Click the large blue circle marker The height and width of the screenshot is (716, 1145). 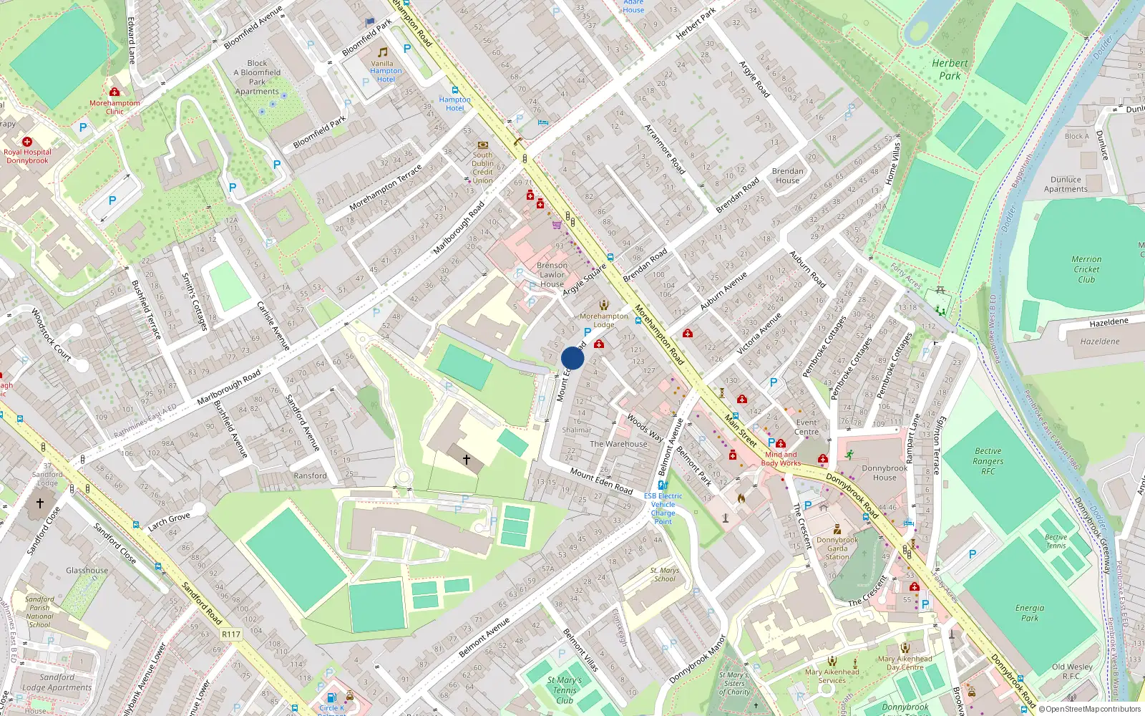[x=572, y=358]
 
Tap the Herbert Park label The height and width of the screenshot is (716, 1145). [x=950, y=69]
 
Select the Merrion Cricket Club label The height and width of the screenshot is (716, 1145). [x=1086, y=269]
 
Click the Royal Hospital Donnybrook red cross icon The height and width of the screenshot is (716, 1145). [x=27, y=142]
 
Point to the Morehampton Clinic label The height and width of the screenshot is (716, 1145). [x=114, y=107]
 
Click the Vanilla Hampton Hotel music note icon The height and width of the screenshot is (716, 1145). [x=383, y=52]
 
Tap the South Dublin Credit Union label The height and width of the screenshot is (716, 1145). [x=482, y=168]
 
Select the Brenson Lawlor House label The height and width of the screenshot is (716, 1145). [x=552, y=274]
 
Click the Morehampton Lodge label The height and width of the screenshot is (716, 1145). [x=604, y=320]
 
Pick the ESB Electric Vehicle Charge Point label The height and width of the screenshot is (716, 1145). [x=663, y=508]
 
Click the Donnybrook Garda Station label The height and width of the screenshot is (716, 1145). [x=837, y=548]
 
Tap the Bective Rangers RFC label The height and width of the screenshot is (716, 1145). [x=988, y=461]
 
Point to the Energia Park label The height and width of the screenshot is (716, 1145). [x=1030, y=612]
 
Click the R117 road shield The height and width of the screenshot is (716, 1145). [x=231, y=634]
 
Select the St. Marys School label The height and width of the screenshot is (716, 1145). [x=664, y=574]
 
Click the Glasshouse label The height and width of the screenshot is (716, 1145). [x=87, y=571]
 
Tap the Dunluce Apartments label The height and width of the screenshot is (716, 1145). [x=1066, y=185]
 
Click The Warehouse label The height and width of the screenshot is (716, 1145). [x=618, y=444]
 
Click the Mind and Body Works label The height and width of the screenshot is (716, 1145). [x=781, y=459]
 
